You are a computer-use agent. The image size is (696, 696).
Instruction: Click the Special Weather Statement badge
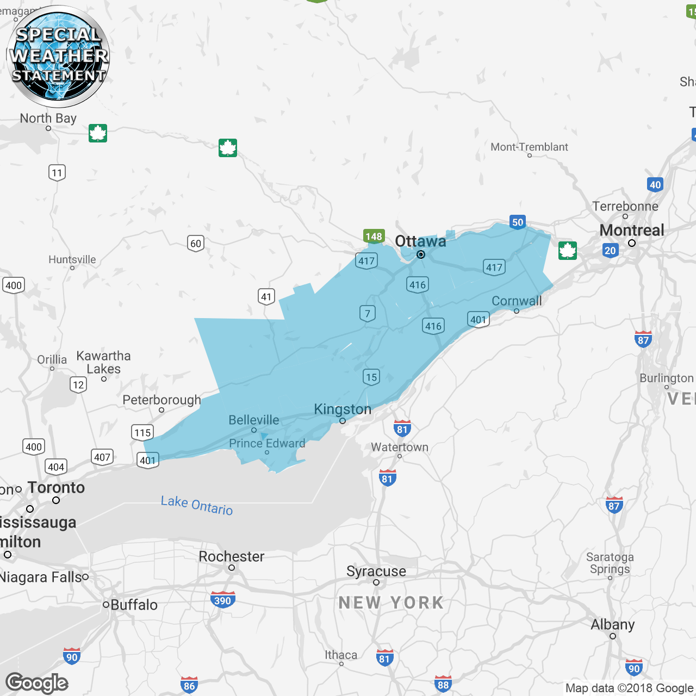coord(58,56)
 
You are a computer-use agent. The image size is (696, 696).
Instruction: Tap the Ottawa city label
coord(420,241)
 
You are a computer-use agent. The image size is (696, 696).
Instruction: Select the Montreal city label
coord(631,231)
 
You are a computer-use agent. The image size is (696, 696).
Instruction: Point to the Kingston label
coord(343,409)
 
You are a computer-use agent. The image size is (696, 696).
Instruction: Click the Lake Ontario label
coord(197,506)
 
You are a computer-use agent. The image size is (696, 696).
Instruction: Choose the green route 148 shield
coord(374,237)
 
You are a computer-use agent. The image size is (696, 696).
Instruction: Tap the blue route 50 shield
coord(518,222)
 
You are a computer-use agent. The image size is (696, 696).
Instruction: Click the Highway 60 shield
coord(196,244)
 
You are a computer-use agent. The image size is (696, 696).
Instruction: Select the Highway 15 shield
coord(371,377)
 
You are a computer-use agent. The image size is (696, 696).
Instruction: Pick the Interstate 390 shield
coord(222,600)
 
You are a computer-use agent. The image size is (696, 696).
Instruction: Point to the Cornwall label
coord(517,301)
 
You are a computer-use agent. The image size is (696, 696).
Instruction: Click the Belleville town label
coord(254,420)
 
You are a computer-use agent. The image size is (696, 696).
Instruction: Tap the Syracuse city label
coord(376,571)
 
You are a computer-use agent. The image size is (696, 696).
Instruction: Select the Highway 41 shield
coord(266,297)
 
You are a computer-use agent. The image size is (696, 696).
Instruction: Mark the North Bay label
coord(48,119)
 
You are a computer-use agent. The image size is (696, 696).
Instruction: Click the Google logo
coord(37,683)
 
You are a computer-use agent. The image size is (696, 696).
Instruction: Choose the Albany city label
coord(613,625)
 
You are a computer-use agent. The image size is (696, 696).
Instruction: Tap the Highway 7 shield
coord(368,313)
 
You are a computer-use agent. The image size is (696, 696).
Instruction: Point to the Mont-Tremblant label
coord(529,147)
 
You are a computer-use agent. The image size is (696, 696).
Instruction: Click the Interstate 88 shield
coord(443,684)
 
